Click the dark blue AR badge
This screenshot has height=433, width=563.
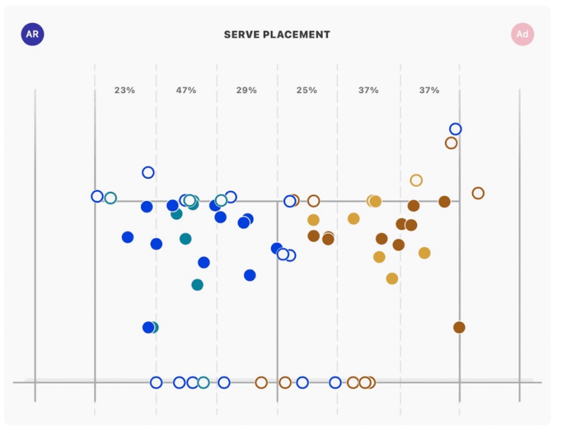[33, 34]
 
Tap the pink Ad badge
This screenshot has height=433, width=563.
[522, 34]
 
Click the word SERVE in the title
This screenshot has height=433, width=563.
[241, 35]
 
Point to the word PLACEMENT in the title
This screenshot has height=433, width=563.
[297, 35]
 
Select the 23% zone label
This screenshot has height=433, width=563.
[124, 90]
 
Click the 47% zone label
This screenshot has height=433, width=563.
[186, 90]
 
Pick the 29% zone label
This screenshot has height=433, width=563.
[246, 90]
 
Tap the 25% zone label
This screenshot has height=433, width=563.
[307, 90]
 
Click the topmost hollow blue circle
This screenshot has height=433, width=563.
[455, 129]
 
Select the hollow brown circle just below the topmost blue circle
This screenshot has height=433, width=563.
[451, 143]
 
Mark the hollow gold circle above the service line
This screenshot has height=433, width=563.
[416, 180]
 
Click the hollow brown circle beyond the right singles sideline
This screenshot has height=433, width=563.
[478, 193]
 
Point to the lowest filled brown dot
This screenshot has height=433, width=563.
[459, 327]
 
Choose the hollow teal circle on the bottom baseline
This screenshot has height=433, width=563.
[204, 383]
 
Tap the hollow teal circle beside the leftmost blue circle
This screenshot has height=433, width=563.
[110, 198]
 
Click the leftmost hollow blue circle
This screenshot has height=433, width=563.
[97, 196]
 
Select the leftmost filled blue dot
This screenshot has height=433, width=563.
[128, 237]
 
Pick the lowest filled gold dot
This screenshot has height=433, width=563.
[392, 279]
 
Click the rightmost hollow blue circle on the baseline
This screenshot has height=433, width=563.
[335, 383]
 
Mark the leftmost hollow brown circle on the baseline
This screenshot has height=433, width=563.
[261, 383]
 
